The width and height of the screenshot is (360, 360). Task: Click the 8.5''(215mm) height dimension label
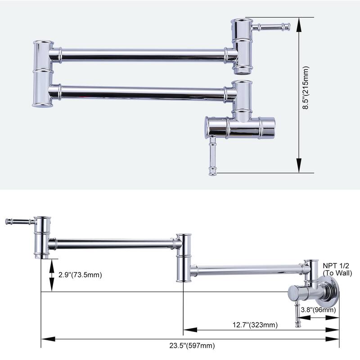tap(306, 95)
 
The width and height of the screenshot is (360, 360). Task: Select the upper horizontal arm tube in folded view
tap(142, 55)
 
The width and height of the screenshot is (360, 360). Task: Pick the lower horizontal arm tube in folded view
tap(142, 93)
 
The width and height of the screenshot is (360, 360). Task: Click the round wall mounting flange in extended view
tap(332, 295)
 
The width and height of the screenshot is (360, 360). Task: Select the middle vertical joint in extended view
tap(184, 257)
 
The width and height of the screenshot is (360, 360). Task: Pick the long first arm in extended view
tap(112, 244)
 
